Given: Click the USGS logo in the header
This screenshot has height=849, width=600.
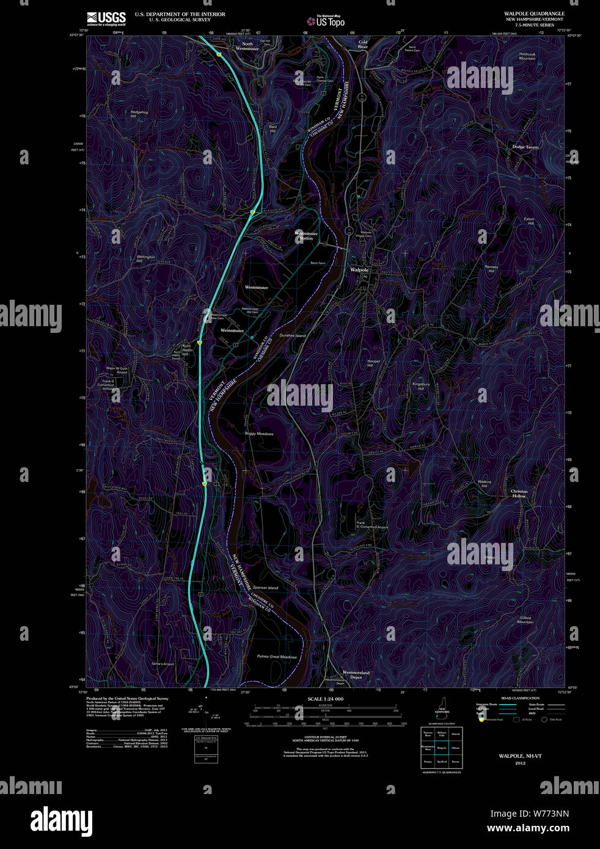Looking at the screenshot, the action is coord(106,18).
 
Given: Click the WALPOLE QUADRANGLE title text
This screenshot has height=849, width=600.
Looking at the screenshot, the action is coord(533,13).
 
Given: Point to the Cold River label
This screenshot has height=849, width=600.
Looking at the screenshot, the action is coord(363,45).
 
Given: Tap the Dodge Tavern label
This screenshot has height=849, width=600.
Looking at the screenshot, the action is coord(525,147).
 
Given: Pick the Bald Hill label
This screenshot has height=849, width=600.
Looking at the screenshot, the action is coord(273,129).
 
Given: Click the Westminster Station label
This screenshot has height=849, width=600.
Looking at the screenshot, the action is coord(306,236).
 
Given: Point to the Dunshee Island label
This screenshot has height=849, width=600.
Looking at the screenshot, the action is coord(292,336).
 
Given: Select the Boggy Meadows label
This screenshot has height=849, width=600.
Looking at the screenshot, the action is coord(259,434).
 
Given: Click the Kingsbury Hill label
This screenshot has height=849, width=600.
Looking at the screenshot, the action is coord(421,386).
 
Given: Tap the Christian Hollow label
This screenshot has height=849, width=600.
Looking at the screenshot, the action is coord(519,494).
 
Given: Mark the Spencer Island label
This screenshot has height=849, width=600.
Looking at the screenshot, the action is coord(265,588).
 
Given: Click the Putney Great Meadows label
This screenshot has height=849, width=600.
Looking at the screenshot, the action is coord(277,657).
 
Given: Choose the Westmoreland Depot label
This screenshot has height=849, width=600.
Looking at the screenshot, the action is coord(356,675).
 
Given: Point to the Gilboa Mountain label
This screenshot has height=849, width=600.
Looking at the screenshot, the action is coord(525,620).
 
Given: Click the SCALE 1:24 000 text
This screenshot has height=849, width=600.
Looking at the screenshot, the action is coord(325,699).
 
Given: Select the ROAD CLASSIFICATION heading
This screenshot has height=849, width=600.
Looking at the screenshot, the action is coord(520,698).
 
